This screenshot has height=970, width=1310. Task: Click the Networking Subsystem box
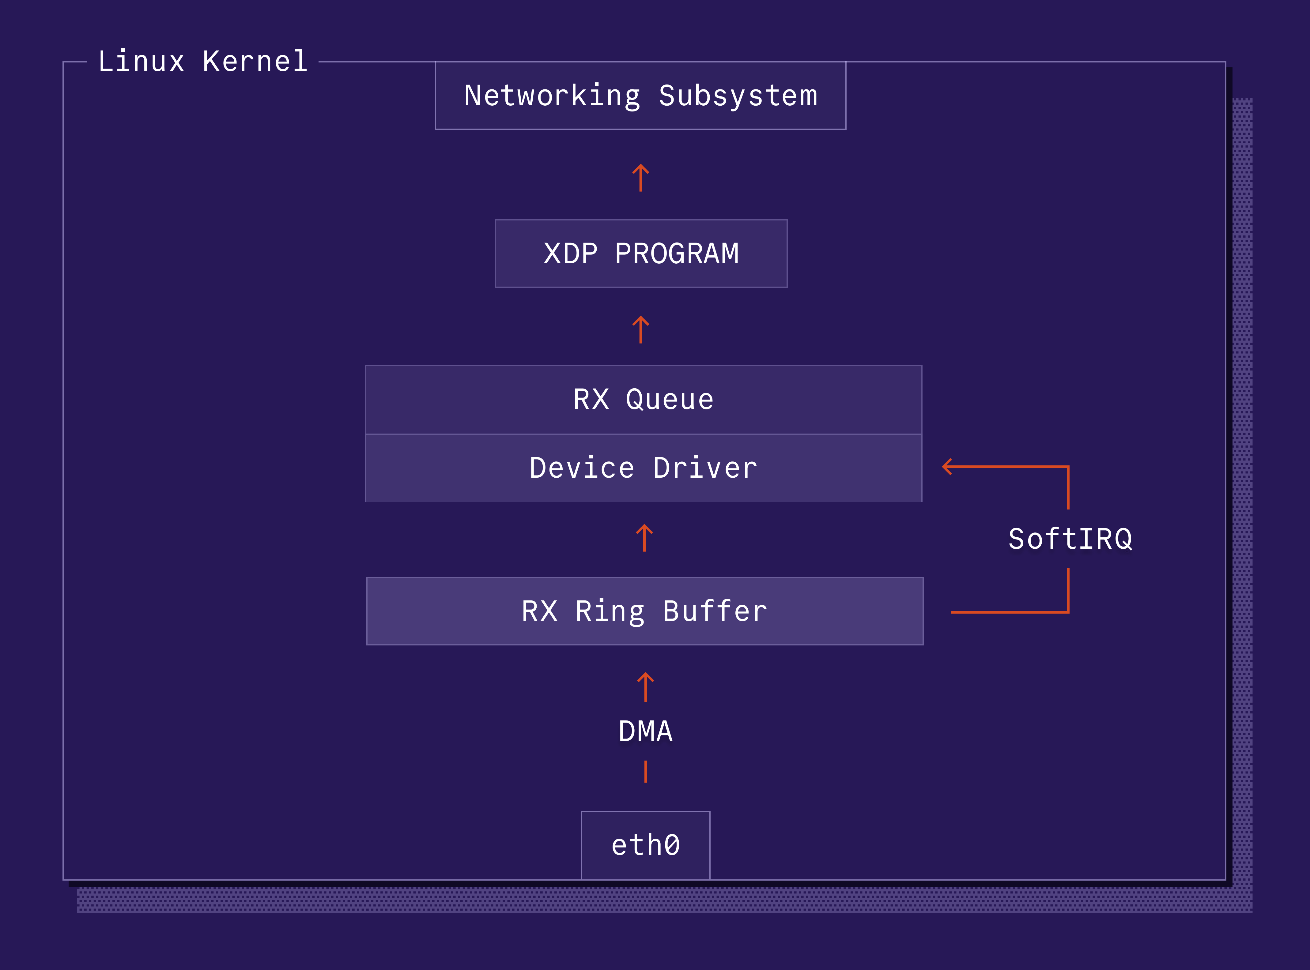[x=640, y=96]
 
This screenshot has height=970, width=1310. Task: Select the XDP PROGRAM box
[x=641, y=254]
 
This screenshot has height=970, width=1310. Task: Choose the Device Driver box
[x=643, y=468]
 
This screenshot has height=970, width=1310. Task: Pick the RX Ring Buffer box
[x=644, y=611]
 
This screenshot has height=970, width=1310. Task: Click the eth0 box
[x=645, y=845]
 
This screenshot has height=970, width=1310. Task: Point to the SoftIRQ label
[x=1070, y=539]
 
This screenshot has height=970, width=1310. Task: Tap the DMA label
[x=645, y=731]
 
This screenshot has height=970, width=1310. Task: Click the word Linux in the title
[x=141, y=62]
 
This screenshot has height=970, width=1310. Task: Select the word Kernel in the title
[x=255, y=62]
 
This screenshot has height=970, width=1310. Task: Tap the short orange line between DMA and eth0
[x=645, y=772]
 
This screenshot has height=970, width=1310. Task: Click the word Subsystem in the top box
[x=738, y=96]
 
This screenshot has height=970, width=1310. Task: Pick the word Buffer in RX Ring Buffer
[x=715, y=611]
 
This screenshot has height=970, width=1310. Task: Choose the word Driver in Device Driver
[x=705, y=468]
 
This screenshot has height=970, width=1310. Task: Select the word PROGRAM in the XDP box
[x=677, y=254]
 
